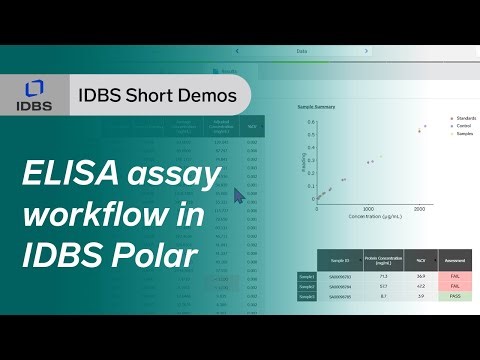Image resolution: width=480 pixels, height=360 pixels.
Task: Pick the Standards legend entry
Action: pos(463,118)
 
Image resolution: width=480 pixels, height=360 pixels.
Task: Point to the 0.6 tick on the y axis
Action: pos(311,123)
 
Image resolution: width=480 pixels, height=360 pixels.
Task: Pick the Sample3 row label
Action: pos(306,296)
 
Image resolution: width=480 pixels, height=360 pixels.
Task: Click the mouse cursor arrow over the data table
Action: pos(238,196)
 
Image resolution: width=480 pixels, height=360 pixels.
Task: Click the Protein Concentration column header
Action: pos(384,260)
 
